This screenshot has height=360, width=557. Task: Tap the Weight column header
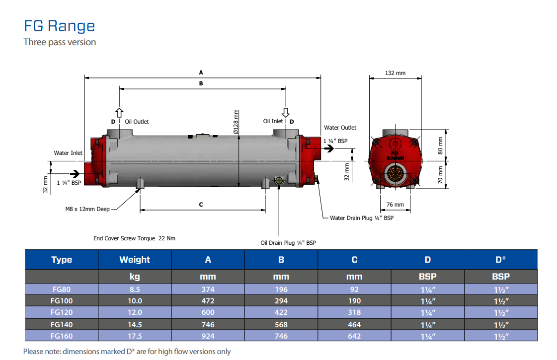pos(135,260)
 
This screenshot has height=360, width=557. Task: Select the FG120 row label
pos(62,312)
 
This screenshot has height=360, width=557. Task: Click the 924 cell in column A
pos(208,336)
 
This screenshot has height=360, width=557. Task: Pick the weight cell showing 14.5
pos(135,324)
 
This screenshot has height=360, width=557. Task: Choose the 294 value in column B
pos(281,301)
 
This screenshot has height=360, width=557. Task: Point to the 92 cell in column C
pos(354,289)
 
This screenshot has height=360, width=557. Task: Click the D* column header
pos(500,260)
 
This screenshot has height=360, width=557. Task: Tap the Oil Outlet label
pos(137,122)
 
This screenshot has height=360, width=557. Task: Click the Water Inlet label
pos(68,153)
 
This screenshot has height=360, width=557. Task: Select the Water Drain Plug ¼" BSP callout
pos(362,218)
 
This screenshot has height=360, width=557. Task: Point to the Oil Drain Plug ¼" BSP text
pos(288,243)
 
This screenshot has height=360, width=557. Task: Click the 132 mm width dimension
pos(396,73)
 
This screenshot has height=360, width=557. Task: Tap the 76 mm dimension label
pos(395,205)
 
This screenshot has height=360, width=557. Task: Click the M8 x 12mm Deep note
pos(87,209)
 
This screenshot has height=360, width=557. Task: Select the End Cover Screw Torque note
pos(134,238)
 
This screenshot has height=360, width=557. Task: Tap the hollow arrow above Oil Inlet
pos(286,112)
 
